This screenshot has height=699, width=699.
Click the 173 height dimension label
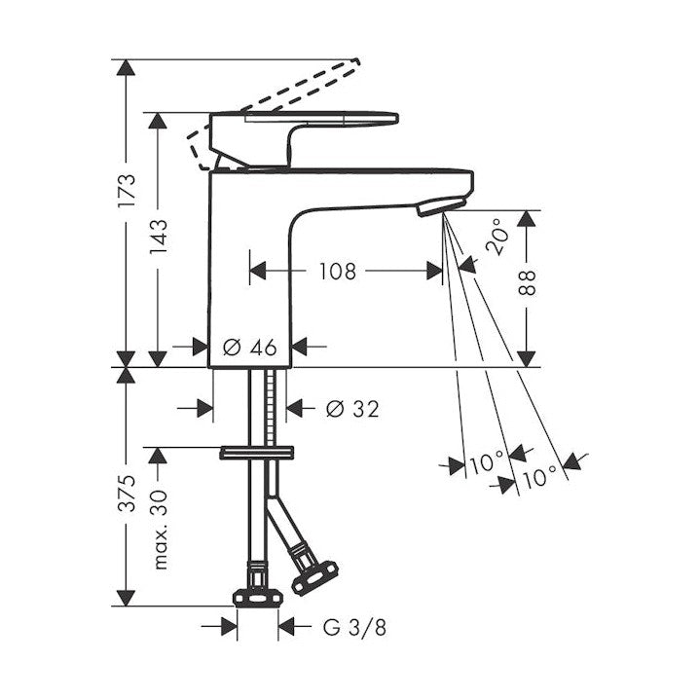(x=127, y=191)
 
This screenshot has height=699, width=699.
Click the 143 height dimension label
(x=158, y=238)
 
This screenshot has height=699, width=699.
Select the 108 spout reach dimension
(x=338, y=271)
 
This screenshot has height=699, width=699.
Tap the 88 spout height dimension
(x=527, y=283)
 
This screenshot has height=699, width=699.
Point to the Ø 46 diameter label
(x=249, y=347)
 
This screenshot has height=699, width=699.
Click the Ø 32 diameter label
(x=352, y=408)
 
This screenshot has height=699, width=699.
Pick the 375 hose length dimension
(x=127, y=493)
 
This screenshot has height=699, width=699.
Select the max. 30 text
(x=159, y=530)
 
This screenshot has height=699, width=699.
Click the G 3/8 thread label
(x=354, y=628)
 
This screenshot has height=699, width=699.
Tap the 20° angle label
(x=497, y=237)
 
